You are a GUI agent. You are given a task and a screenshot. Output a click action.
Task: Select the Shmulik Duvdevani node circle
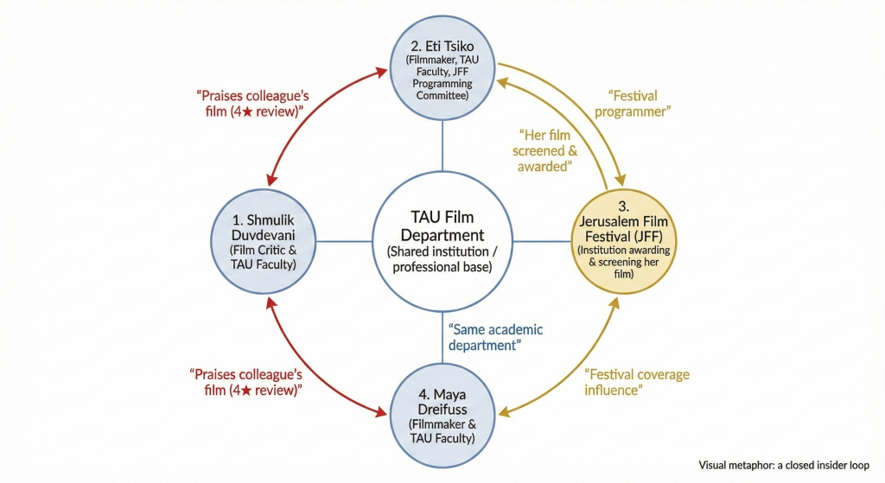point(263,243)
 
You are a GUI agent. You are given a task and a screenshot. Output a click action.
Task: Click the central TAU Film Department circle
point(442,241)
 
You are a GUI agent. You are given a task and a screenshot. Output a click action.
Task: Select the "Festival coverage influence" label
point(637,382)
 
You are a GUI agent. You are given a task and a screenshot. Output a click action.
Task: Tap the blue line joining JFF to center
point(542,242)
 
